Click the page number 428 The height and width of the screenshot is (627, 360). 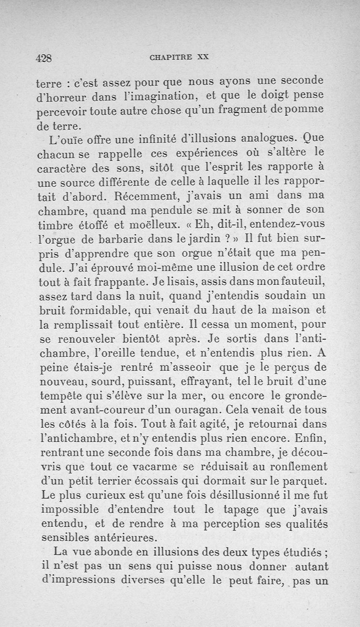[x=44, y=58]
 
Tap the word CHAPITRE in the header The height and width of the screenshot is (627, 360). [x=167, y=57]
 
